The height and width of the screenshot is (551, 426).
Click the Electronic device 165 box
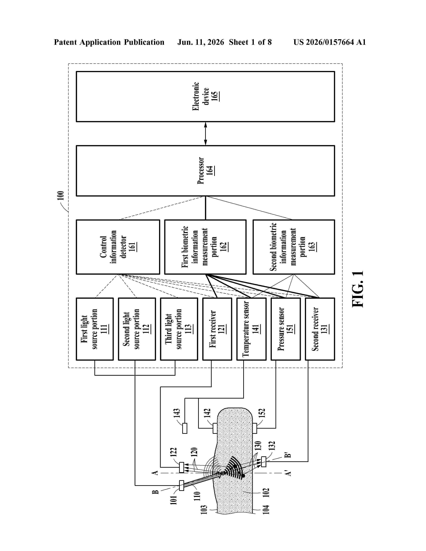(205, 97)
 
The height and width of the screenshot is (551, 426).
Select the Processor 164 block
(205, 171)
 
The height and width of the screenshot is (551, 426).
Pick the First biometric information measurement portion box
(205, 247)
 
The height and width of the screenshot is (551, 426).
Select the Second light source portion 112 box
(137, 329)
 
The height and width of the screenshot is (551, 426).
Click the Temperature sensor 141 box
(251, 329)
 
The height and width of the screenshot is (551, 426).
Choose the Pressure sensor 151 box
(286, 329)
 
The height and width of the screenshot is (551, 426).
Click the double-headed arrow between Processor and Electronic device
(205, 134)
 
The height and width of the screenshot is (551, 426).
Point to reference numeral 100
(61, 195)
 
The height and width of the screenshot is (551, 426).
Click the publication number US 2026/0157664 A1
(330, 42)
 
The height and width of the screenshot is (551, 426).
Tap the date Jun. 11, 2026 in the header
(201, 42)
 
